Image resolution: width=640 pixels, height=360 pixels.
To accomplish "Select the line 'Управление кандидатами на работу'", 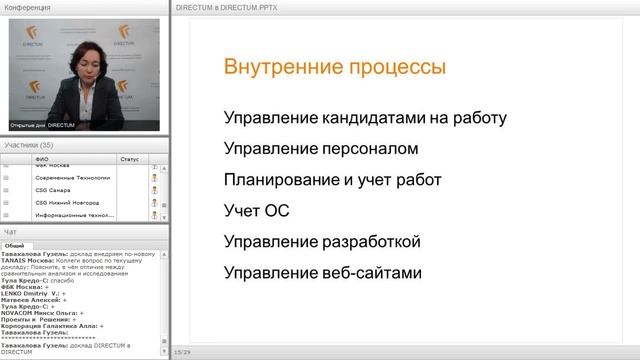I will point(365,118).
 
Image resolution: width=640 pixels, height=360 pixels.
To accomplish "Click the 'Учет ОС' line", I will point(254,211).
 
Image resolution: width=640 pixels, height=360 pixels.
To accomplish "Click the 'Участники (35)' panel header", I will point(29,145).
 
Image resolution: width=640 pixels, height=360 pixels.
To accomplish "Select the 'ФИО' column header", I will point(41,158).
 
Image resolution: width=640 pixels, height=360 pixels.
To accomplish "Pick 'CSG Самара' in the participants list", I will point(54,189).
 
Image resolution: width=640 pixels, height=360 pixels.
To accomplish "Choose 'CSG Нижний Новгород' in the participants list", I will point(68,202).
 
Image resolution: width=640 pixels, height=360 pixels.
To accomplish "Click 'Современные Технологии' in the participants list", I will point(72,176).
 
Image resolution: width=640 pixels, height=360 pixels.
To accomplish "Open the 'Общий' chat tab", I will point(14,245).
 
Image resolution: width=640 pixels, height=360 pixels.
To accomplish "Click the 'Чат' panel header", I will point(11,232).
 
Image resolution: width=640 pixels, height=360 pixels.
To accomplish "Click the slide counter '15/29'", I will point(182,352).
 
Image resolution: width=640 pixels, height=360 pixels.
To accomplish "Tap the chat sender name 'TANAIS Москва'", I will point(27,259).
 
